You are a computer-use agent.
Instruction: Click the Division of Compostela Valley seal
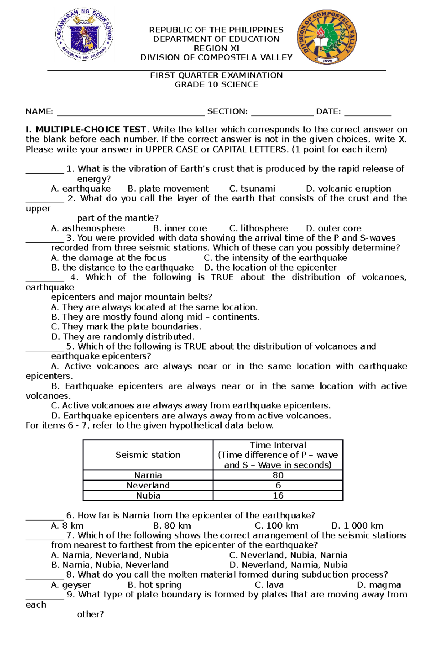[327, 37]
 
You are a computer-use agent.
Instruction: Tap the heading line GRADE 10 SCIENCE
[216, 84]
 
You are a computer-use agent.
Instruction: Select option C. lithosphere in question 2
[258, 228]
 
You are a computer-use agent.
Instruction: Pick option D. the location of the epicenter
[270, 268]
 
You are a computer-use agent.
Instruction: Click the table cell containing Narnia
[148, 475]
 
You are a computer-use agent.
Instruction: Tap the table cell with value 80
[278, 475]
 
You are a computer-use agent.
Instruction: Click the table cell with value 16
[278, 495]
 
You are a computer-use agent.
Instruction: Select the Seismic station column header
[148, 455]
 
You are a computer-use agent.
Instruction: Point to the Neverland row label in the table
[148, 485]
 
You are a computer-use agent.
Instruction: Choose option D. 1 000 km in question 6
[357, 526]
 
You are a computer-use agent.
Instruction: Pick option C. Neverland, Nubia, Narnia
[288, 555]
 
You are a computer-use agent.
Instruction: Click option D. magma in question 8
[379, 585]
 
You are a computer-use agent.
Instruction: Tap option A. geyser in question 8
[71, 585]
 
